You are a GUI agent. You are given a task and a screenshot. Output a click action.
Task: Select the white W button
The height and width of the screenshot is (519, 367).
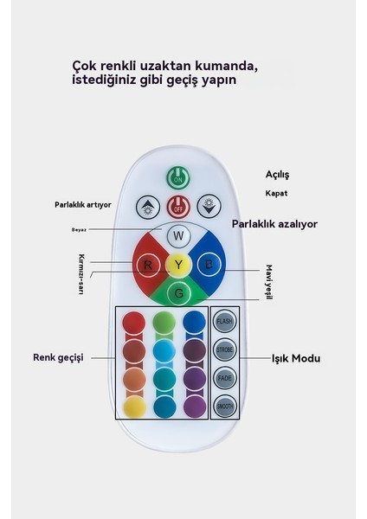pos(177,235)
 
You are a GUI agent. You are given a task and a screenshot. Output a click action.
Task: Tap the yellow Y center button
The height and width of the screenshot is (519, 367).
pos(177,264)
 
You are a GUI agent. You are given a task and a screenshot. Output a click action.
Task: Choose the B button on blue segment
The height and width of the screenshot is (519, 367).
pos(209,264)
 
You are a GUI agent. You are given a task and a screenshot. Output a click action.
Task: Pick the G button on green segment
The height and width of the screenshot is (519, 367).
pos(177,294)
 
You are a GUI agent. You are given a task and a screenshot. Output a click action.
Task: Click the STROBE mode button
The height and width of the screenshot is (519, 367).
pos(224,350)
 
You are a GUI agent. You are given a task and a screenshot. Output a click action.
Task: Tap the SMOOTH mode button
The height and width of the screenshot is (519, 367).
pos(224,407)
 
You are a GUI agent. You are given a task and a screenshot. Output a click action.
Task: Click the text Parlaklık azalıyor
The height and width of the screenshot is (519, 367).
pos(274,224)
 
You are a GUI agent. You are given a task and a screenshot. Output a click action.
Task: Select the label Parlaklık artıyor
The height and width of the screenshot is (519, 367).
pos(83,205)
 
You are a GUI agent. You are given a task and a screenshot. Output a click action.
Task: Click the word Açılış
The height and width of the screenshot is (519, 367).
pos(277,175)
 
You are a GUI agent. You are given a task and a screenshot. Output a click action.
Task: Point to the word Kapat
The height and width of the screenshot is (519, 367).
pos(277,193)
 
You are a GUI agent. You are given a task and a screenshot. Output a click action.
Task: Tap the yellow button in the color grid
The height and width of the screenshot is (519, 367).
pos(133,407)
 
